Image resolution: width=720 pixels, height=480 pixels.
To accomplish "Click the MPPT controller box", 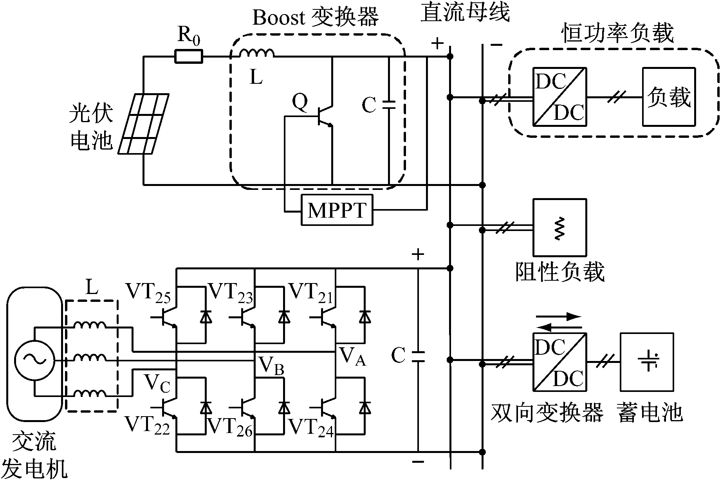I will click(x=337, y=210).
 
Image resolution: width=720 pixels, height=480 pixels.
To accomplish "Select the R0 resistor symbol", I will click(x=189, y=57).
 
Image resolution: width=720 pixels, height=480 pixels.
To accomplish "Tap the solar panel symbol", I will click(x=144, y=124).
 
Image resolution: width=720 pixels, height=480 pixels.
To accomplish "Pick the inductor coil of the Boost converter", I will click(x=256, y=53).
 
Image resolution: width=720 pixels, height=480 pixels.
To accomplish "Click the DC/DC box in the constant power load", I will click(x=560, y=97).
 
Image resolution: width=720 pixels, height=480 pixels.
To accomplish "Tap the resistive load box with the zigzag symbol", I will click(x=560, y=227).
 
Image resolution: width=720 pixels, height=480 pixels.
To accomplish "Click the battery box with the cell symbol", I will click(x=647, y=362).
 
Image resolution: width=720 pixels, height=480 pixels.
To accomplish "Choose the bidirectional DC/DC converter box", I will click(x=560, y=362).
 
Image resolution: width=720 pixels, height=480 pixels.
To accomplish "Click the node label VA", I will click(x=353, y=357).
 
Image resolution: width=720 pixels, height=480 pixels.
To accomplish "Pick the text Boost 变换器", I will click(x=316, y=18).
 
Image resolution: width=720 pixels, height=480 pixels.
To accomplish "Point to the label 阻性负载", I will click(x=560, y=271).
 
